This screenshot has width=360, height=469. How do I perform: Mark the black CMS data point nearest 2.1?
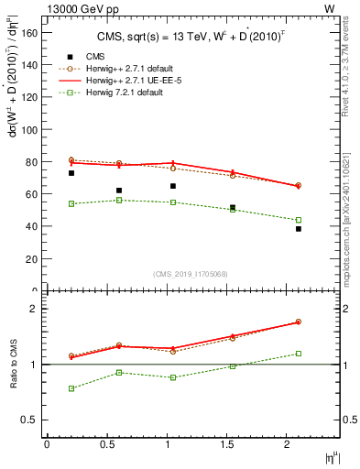click(298, 229)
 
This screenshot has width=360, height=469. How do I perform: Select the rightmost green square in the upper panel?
click(298, 220)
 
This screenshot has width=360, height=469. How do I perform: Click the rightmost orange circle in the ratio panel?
click(298, 322)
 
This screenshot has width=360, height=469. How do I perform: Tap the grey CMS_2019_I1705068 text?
click(189, 273)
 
